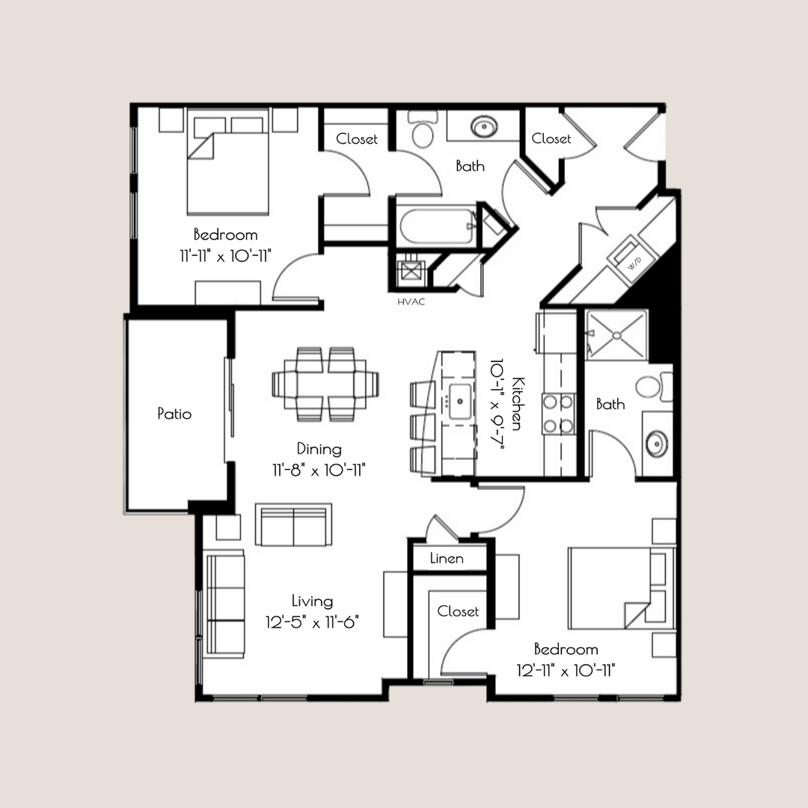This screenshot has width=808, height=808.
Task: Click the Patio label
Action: click(x=174, y=414)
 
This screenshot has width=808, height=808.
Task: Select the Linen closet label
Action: click(x=447, y=559)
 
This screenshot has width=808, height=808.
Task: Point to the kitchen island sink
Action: click(x=458, y=403)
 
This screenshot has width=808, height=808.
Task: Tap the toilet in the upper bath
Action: click(x=423, y=132)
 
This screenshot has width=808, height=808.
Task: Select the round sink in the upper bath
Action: click(x=484, y=126)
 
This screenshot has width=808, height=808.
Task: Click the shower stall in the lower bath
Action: click(x=616, y=334)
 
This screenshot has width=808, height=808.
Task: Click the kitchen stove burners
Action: click(x=558, y=414)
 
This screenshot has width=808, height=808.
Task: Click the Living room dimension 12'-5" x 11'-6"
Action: click(x=312, y=622)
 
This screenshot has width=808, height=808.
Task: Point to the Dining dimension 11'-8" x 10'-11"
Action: click(x=319, y=470)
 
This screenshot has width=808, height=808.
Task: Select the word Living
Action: click(x=313, y=602)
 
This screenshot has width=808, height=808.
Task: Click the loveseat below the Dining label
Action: click(x=293, y=525)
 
